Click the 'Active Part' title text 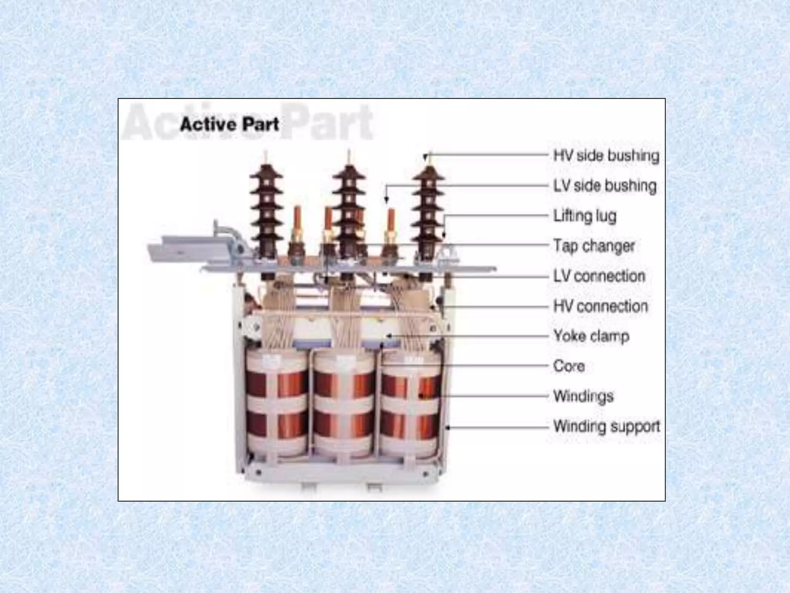point(230,125)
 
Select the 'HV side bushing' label point(606,156)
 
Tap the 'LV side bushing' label point(605,186)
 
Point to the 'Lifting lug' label point(585,216)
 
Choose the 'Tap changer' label point(594,246)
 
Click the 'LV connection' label point(599,276)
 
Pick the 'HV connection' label point(601,306)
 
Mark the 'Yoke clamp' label point(591,336)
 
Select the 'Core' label point(569,366)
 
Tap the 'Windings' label point(583,396)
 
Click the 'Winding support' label point(607,426)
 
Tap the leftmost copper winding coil point(277,403)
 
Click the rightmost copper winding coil point(410,403)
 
